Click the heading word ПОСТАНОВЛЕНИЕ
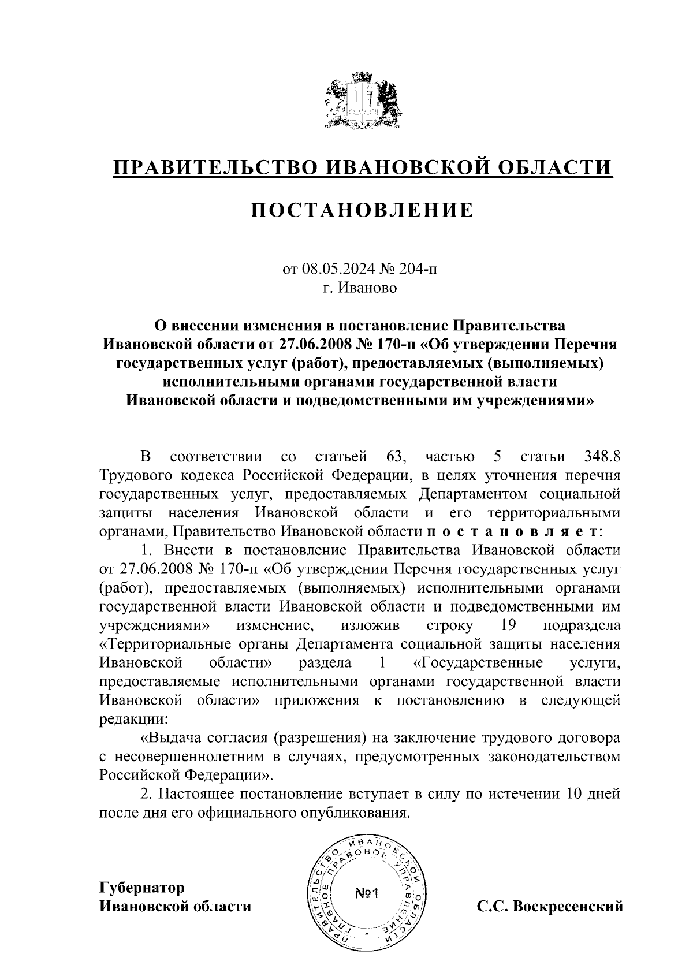point(362,210)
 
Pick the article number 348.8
point(599,457)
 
